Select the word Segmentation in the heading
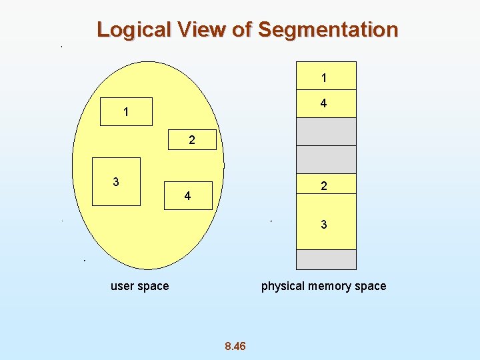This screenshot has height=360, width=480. coord(328,30)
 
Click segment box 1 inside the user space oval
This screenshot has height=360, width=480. coord(126,112)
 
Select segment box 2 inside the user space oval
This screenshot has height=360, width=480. coord(192,140)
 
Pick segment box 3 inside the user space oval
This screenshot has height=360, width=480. coord(116,181)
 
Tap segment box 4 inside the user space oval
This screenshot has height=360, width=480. coord(188,196)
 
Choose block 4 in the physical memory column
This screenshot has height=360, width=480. coord(326,104)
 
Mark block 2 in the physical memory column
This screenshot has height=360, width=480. coord(326,186)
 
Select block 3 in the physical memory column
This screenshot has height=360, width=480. coord(326,225)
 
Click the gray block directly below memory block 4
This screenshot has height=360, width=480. coord(326,132)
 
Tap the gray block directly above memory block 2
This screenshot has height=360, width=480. coord(326,159)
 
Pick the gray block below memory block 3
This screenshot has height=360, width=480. coord(326,259)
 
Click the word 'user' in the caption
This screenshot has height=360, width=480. coord(122,286)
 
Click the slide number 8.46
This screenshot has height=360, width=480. coord(235,346)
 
